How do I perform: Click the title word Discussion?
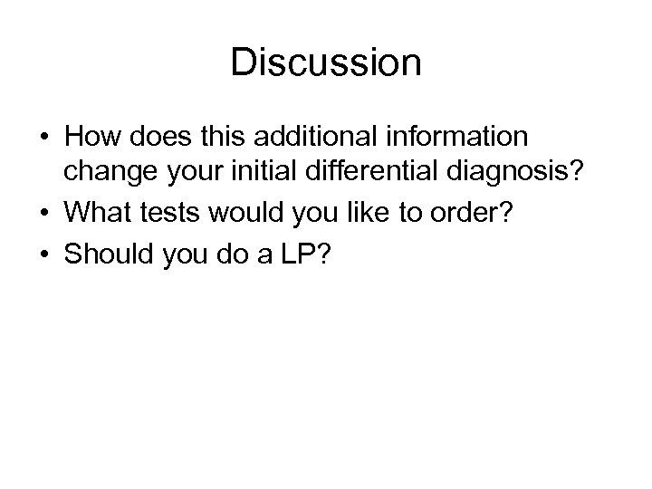tap(326, 63)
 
